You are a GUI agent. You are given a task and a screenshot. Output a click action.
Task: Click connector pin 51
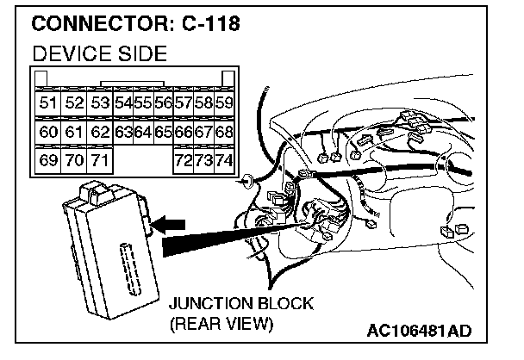49,103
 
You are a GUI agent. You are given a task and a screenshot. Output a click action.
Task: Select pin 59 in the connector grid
224,103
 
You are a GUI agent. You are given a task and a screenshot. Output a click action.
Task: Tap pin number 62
100,132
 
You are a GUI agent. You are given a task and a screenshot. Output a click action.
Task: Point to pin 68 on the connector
224,132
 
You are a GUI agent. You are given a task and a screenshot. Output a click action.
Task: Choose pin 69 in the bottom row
49,160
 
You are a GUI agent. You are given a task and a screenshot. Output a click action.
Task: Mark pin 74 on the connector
224,160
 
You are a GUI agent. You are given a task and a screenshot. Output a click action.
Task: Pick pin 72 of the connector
184,160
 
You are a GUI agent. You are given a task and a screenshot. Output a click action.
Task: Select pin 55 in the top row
142,103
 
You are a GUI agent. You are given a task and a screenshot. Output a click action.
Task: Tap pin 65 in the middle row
163,132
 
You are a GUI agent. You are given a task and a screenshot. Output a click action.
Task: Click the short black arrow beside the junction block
170,224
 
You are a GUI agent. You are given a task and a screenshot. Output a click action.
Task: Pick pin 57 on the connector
184,103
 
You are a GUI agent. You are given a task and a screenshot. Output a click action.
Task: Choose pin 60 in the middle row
49,132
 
